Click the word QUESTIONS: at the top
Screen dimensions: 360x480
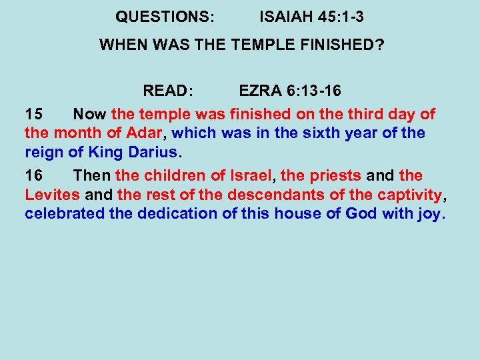click(165, 16)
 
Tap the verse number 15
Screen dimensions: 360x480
click(33, 113)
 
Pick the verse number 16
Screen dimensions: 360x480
click(33, 175)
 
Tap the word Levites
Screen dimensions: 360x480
click(53, 195)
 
